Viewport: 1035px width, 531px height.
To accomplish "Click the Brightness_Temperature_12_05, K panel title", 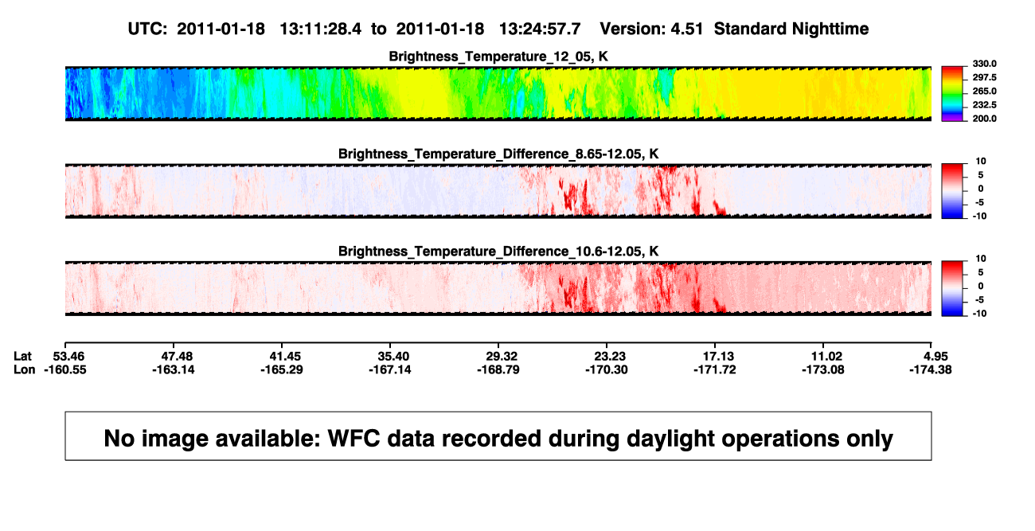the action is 498,57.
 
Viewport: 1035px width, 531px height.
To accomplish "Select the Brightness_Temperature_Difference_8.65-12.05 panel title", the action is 498,154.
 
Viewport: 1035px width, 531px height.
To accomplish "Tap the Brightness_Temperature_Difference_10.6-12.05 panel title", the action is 498,252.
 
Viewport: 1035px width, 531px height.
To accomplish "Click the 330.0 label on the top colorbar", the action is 984,64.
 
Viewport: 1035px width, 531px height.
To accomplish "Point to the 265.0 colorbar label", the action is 984,91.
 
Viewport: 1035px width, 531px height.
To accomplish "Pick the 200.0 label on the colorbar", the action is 984,119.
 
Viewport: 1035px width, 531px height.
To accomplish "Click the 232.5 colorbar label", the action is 984,105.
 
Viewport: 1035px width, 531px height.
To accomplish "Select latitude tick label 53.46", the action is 68,357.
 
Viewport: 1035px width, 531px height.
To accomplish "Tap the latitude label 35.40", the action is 393,357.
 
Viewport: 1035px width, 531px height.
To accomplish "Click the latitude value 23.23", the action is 610,357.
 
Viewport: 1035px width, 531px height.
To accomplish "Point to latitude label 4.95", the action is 935,357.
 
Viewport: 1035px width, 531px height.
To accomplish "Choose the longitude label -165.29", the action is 282,369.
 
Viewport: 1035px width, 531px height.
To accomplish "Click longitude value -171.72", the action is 715,369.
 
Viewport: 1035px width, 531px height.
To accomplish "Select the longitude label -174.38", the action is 931,369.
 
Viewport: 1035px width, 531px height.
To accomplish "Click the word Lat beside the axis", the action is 22,357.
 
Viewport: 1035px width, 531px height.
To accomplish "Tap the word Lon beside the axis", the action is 25,369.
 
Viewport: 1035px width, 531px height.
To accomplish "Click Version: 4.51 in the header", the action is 651,29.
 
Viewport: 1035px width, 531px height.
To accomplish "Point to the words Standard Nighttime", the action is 791,29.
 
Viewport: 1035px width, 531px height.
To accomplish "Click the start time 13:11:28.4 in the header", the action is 321,29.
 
